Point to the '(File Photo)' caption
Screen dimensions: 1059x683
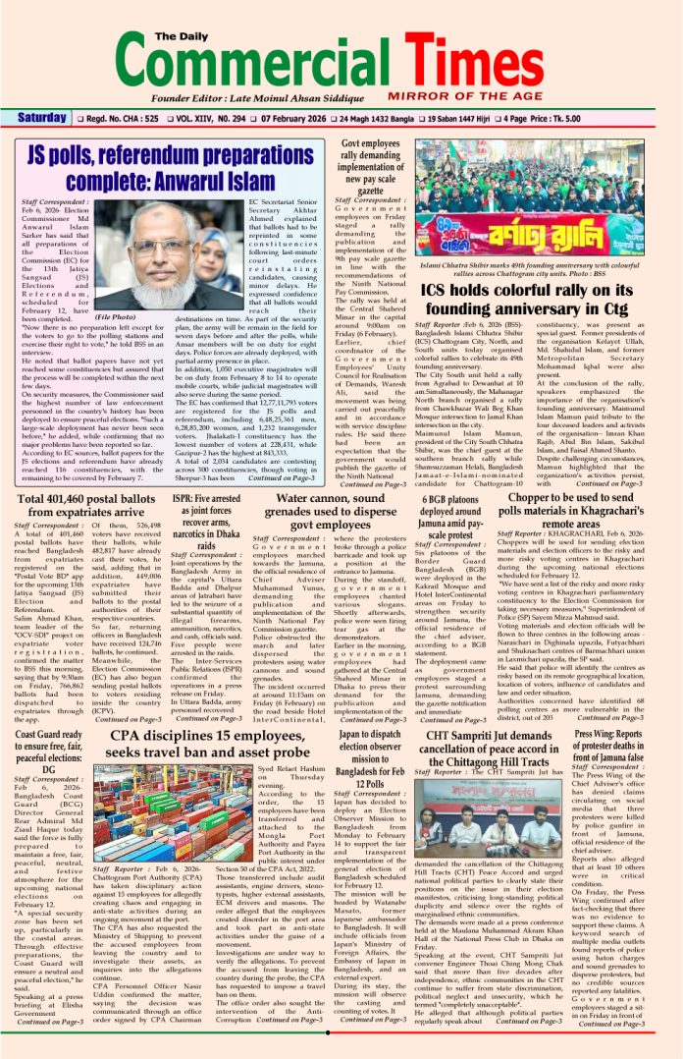tap(150, 319)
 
